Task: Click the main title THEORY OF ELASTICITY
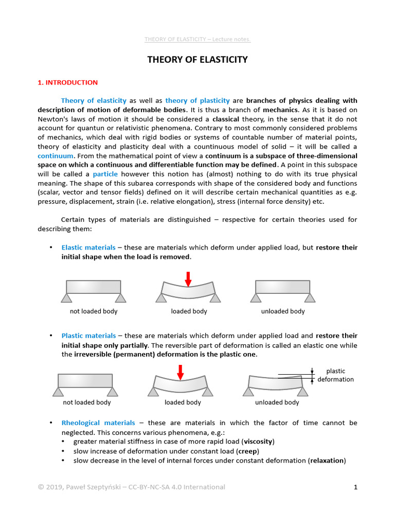197,60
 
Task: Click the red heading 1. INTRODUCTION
67,82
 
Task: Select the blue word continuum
56,155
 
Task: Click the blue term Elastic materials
88,248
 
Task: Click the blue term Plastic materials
88,336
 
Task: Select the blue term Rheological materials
98,423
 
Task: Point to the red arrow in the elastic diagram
188,278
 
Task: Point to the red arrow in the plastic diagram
180,372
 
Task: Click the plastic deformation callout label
335,375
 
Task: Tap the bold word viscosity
259,442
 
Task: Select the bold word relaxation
327,460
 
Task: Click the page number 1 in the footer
355,487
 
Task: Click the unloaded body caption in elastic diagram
283,311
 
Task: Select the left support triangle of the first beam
66,298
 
